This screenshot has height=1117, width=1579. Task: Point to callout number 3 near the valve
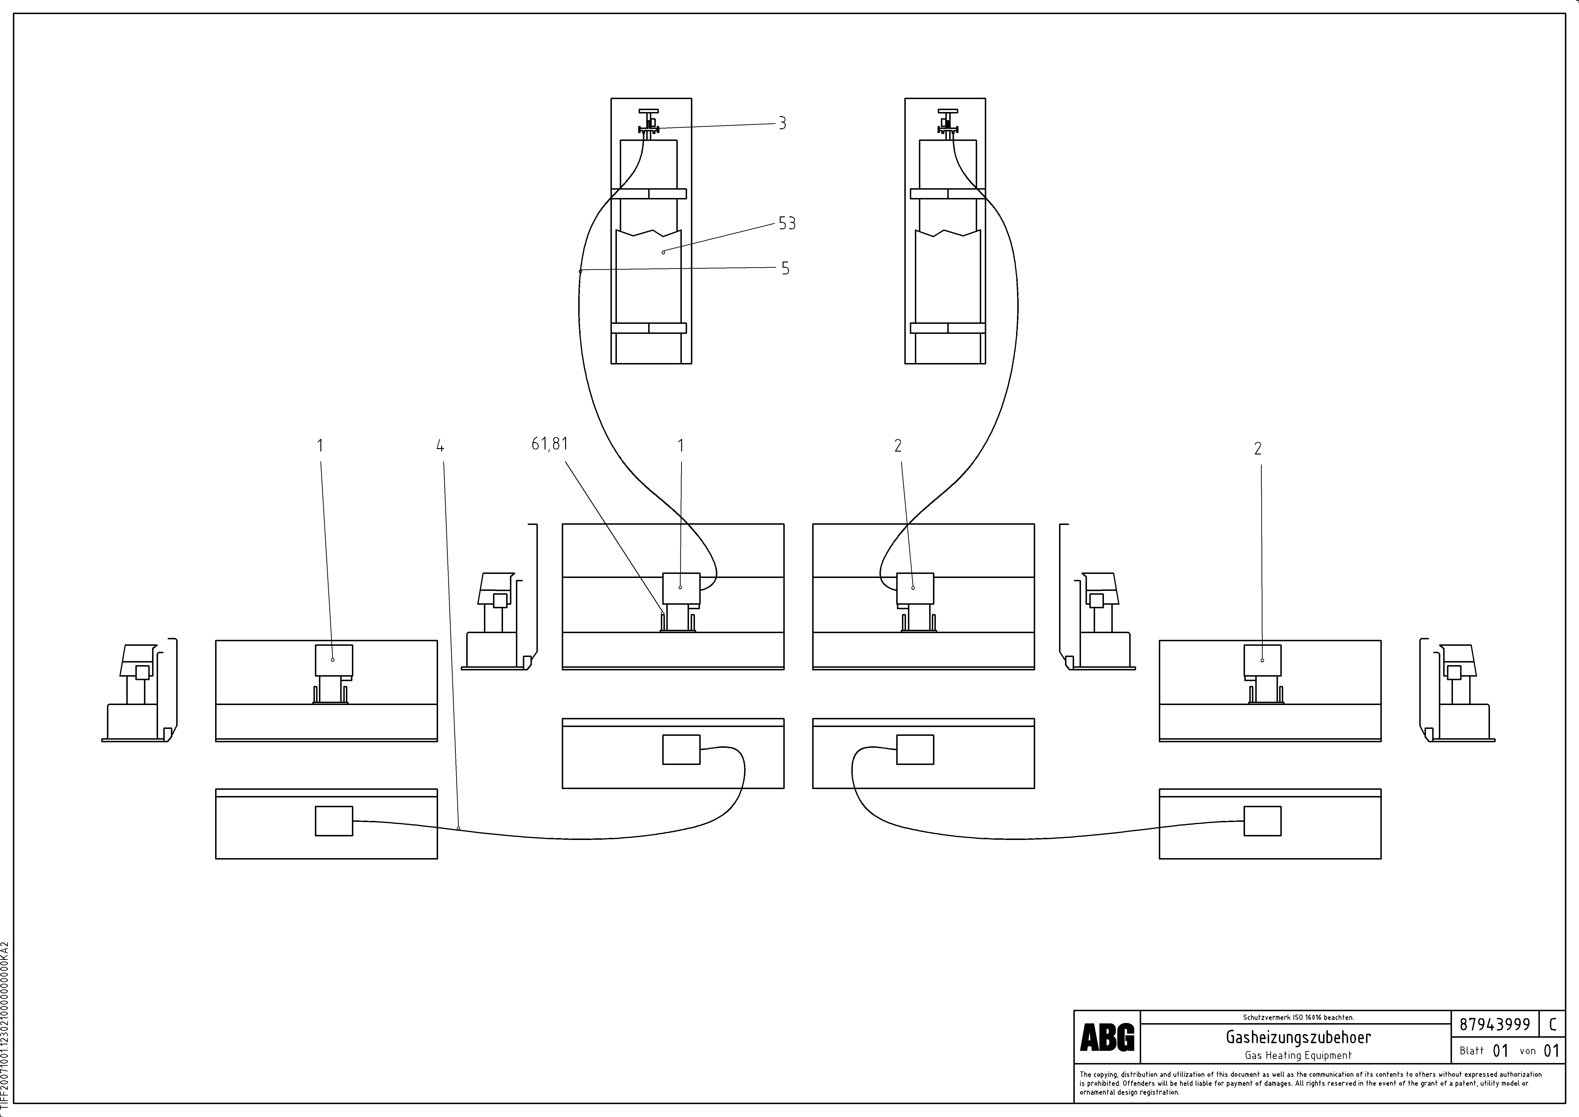782,124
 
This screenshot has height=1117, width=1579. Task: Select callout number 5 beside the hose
785,268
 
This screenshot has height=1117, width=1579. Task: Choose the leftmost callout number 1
320,446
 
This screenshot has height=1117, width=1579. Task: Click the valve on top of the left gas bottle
648,124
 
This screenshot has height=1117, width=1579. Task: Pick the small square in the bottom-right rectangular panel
1262,821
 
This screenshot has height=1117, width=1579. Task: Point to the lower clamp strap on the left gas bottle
648,328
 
